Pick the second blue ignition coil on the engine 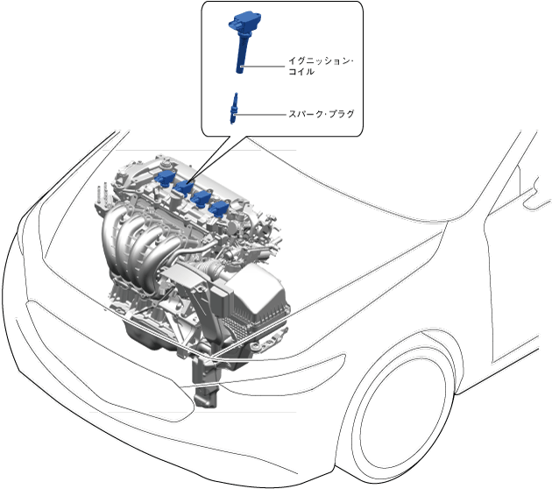[x=184, y=187]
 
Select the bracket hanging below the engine [x=207, y=386]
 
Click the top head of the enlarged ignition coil [x=244, y=19]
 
